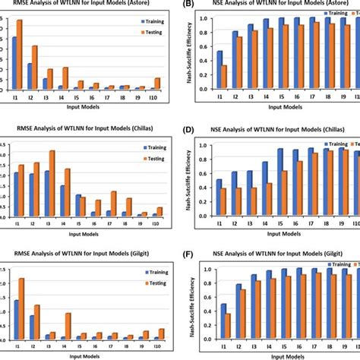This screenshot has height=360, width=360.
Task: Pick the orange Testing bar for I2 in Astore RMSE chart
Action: pyautogui.click(x=36, y=68)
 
